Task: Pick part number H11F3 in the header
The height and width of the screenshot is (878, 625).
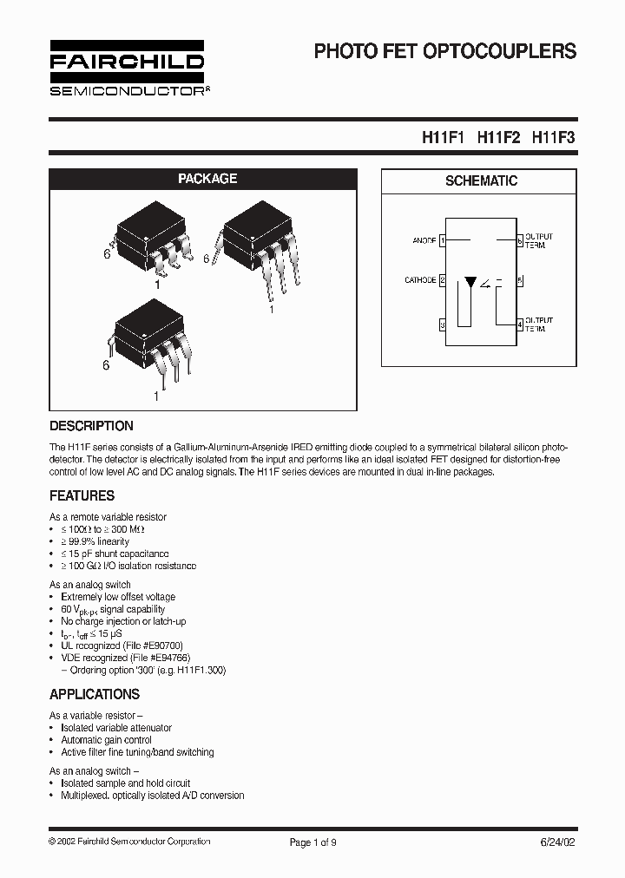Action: pyautogui.click(x=553, y=137)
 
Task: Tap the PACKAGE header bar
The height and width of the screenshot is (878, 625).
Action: pyautogui.click(x=207, y=179)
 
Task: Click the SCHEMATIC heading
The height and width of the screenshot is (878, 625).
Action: pyautogui.click(x=481, y=181)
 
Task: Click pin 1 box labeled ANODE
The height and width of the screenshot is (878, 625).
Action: pyautogui.click(x=443, y=239)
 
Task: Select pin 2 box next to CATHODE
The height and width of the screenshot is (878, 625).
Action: pyautogui.click(x=443, y=280)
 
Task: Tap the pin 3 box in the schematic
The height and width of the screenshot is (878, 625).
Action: pyautogui.click(x=443, y=324)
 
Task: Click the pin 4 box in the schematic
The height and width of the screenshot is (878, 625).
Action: pyautogui.click(x=519, y=324)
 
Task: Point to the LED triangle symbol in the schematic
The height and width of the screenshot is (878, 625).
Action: pyautogui.click(x=470, y=282)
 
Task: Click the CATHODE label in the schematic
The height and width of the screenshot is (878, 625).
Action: pyautogui.click(x=420, y=280)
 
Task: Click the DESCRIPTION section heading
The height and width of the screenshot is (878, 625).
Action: pyautogui.click(x=92, y=426)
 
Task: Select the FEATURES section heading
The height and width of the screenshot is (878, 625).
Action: pyautogui.click(x=82, y=496)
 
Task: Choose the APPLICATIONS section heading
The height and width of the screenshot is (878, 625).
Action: pyautogui.click(x=95, y=694)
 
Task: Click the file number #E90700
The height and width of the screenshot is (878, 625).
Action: pyautogui.click(x=162, y=645)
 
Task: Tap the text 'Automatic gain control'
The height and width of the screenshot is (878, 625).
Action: pyautogui.click(x=106, y=740)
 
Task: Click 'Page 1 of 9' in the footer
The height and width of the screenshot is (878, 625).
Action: pyautogui.click(x=312, y=842)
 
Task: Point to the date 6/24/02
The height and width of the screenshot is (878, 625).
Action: pyautogui.click(x=556, y=842)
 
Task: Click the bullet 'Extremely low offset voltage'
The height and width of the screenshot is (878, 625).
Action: pyautogui.click(x=118, y=597)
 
